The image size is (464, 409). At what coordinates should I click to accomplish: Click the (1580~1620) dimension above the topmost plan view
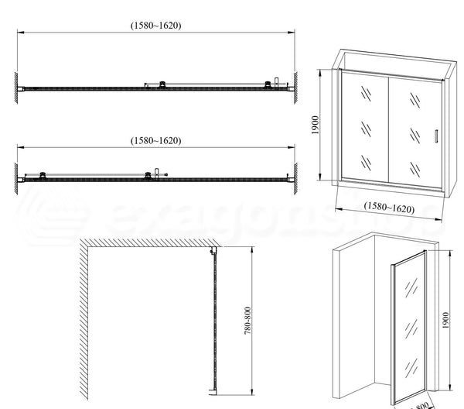[155, 25]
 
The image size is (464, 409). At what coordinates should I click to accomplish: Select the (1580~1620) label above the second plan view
[155, 140]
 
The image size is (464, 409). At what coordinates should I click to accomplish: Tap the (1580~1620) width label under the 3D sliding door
[388, 208]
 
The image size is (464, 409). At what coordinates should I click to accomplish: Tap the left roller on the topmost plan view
[162, 84]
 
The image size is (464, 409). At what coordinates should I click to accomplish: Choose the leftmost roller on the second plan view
[43, 175]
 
